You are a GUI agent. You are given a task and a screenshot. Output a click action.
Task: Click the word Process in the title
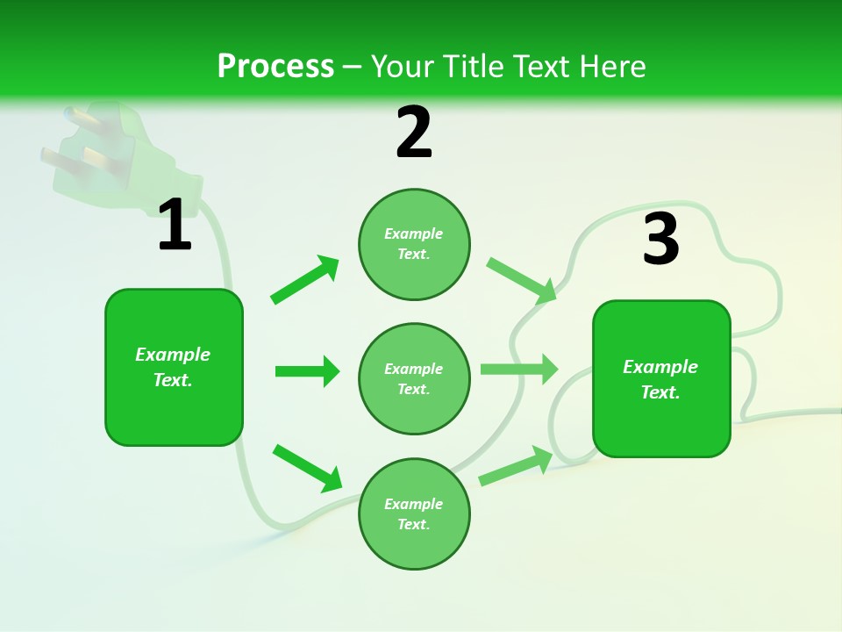click(x=275, y=66)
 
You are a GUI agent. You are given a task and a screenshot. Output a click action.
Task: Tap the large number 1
click(x=175, y=226)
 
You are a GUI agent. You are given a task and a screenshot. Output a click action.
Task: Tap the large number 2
click(x=414, y=133)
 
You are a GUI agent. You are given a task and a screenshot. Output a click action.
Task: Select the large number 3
click(x=660, y=238)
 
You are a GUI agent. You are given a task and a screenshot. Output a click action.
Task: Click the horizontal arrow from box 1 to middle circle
click(x=307, y=371)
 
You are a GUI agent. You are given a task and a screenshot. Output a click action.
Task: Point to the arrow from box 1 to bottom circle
click(x=307, y=468)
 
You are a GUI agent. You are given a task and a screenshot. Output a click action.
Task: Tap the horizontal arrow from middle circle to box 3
click(x=519, y=370)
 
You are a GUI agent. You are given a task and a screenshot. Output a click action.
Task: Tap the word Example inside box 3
click(x=660, y=367)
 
